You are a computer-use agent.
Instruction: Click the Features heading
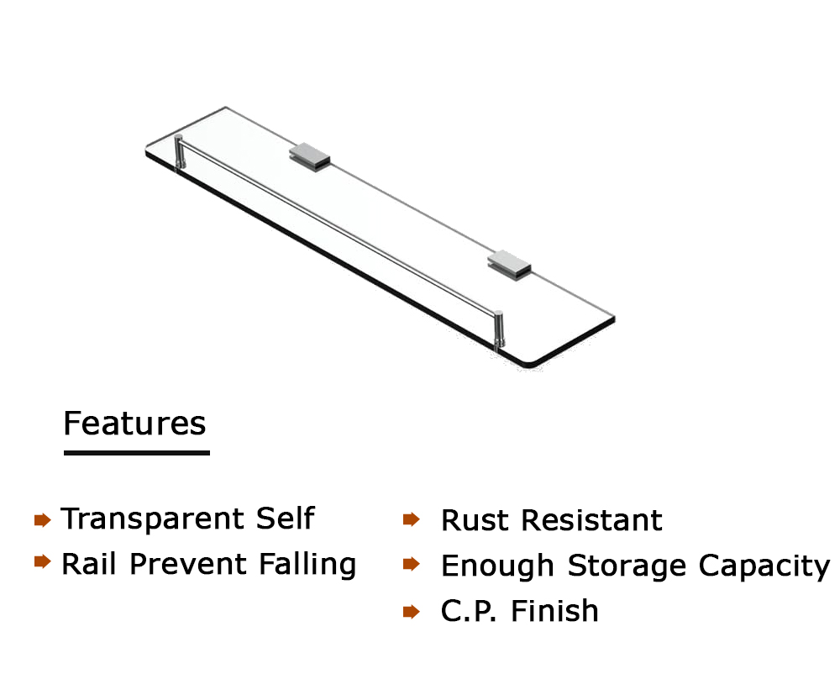pyautogui.click(x=134, y=424)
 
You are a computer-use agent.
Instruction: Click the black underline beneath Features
pyautogui.click(x=137, y=453)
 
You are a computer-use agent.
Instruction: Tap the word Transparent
pyautogui.click(x=153, y=519)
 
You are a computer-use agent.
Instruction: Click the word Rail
pyautogui.click(x=89, y=564)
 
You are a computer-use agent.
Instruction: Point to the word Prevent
pyautogui.click(x=188, y=564)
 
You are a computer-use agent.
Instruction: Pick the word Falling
pyautogui.click(x=307, y=565)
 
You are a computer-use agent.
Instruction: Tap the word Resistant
pyautogui.click(x=592, y=520)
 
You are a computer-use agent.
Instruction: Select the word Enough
pyautogui.click(x=497, y=566)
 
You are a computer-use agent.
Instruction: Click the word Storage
pyautogui.click(x=627, y=566)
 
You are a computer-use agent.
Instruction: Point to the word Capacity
pyautogui.click(x=764, y=566)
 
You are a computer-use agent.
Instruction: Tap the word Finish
pyautogui.click(x=554, y=611)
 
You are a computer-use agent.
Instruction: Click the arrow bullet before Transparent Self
pyautogui.click(x=42, y=519)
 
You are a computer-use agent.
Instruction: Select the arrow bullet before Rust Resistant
pyautogui.click(x=412, y=519)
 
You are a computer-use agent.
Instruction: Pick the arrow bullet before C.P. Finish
pyautogui.click(x=412, y=611)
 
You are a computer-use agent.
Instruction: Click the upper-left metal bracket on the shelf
pyautogui.click(x=310, y=157)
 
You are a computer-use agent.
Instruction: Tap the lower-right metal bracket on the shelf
pyautogui.click(x=509, y=266)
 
